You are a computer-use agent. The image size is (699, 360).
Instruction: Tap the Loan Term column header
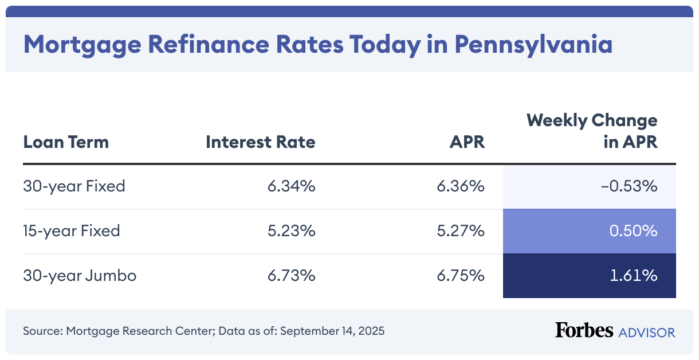tap(66, 142)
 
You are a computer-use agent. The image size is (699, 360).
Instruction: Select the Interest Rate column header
tap(260, 142)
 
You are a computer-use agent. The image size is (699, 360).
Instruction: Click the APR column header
tap(467, 142)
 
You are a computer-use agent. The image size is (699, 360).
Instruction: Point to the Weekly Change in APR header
tap(592, 131)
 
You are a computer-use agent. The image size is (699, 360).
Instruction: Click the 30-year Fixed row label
tap(74, 186)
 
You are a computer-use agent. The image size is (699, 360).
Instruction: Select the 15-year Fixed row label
tap(72, 231)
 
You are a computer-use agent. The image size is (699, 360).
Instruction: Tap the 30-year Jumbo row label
tap(80, 276)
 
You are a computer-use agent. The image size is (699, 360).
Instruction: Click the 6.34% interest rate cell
tap(291, 186)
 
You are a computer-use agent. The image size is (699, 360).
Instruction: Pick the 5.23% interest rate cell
tap(291, 231)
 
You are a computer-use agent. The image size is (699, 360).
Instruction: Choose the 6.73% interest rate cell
tap(291, 276)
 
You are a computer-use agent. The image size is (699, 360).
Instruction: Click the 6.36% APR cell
tap(461, 186)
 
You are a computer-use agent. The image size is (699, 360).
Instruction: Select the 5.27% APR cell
tap(461, 231)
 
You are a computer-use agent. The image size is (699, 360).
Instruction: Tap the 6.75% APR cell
tap(461, 276)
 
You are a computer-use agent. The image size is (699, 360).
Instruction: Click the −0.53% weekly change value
tap(630, 186)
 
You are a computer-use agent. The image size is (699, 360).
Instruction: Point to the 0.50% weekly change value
tap(633, 231)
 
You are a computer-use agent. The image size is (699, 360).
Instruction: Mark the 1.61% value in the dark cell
tap(634, 276)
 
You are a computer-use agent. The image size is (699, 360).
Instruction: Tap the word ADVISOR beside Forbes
tap(646, 332)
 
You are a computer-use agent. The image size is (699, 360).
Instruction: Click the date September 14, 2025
tap(332, 331)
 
